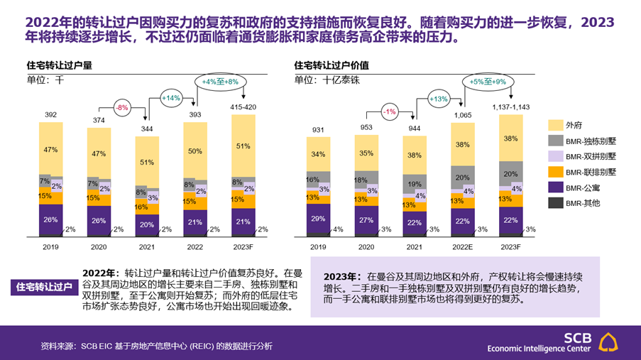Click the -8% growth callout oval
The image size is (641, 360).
123,107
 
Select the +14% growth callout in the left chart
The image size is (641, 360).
171,97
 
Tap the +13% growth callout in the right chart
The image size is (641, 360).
438,99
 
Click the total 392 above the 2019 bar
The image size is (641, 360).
50,115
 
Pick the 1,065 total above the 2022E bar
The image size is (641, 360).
462,114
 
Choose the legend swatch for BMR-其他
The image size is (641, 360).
554,204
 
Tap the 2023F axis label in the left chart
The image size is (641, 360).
243,246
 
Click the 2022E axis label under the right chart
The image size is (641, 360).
462,246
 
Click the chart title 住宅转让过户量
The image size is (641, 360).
59,65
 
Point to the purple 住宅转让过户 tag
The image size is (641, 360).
44,287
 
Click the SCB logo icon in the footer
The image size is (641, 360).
612,342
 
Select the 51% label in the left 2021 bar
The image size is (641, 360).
146,162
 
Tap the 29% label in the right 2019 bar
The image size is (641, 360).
318,219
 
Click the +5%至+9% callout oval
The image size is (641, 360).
487,82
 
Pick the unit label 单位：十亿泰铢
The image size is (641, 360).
327,80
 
